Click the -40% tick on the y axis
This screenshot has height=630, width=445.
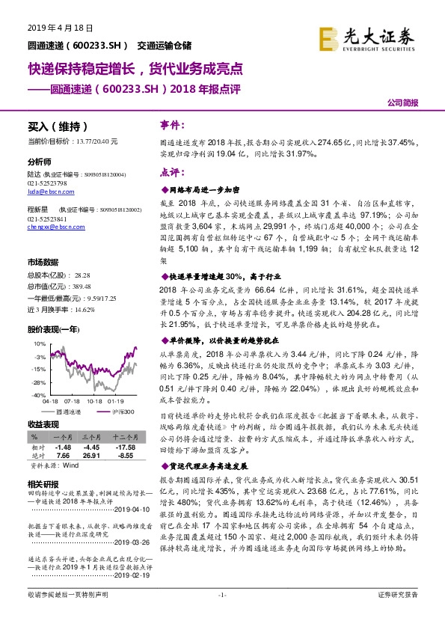[37, 394]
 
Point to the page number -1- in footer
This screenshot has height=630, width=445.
[221, 615]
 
